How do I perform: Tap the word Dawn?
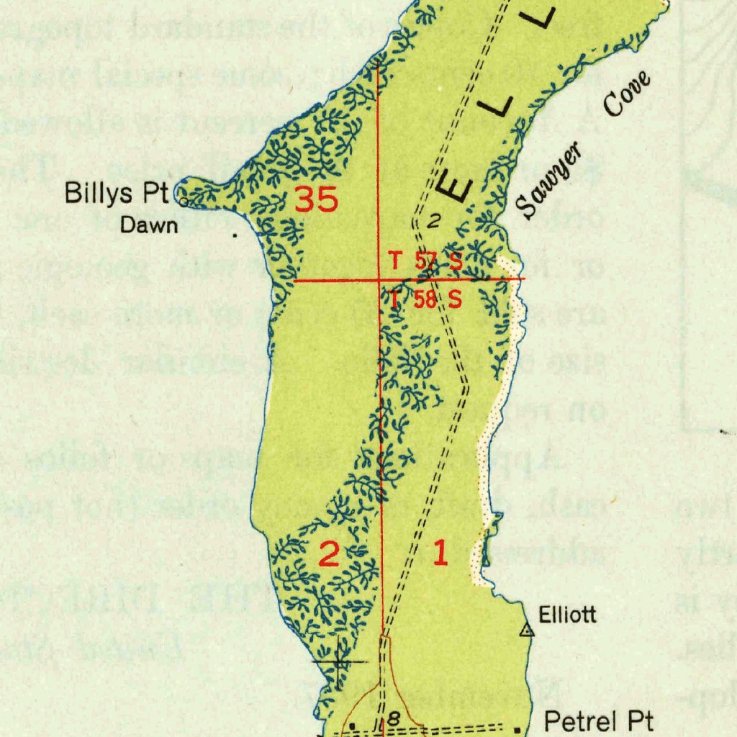[149, 225]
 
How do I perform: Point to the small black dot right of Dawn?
[234, 235]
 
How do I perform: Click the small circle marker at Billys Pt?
[183, 202]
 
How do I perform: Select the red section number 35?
[316, 199]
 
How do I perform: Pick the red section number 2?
[328, 554]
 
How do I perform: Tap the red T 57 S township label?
[425, 261]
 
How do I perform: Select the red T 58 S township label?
[425, 299]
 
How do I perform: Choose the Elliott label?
[568, 615]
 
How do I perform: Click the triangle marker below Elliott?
[527, 631]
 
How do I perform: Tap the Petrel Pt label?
[599, 720]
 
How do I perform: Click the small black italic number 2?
[432, 222]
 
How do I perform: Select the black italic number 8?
[394, 718]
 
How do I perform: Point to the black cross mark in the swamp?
[338, 662]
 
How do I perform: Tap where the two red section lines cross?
[380, 279]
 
